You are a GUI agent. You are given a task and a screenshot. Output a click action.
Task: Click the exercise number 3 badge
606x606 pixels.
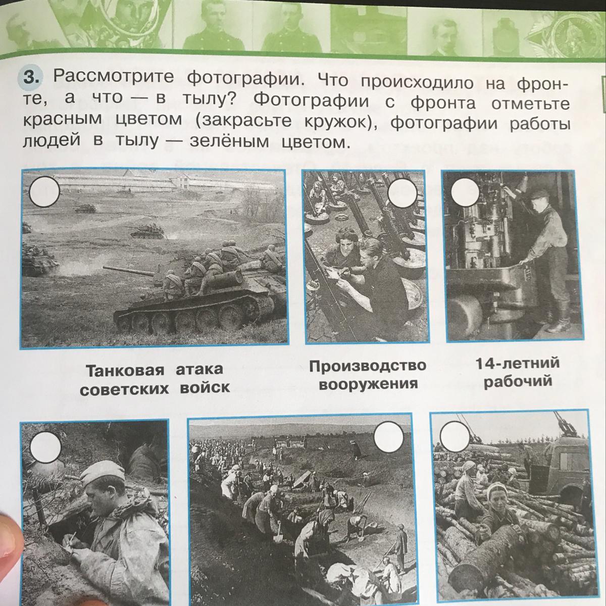(x=33, y=77)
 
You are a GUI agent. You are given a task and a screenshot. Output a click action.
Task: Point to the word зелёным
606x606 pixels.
(x=230, y=142)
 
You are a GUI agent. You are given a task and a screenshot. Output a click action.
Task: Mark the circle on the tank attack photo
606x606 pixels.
(x=44, y=191)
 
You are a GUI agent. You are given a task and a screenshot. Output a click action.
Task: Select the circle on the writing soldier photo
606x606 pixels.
(x=45, y=447)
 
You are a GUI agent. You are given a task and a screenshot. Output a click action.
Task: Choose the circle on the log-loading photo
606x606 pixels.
(x=454, y=437)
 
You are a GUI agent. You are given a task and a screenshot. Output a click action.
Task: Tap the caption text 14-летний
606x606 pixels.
(x=518, y=364)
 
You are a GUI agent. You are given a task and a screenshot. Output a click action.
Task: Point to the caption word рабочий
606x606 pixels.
(x=518, y=381)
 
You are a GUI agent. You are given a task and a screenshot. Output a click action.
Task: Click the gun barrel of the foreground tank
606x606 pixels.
(x=129, y=272)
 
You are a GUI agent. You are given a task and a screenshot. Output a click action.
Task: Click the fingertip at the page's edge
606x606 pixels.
(x=10, y=531)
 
